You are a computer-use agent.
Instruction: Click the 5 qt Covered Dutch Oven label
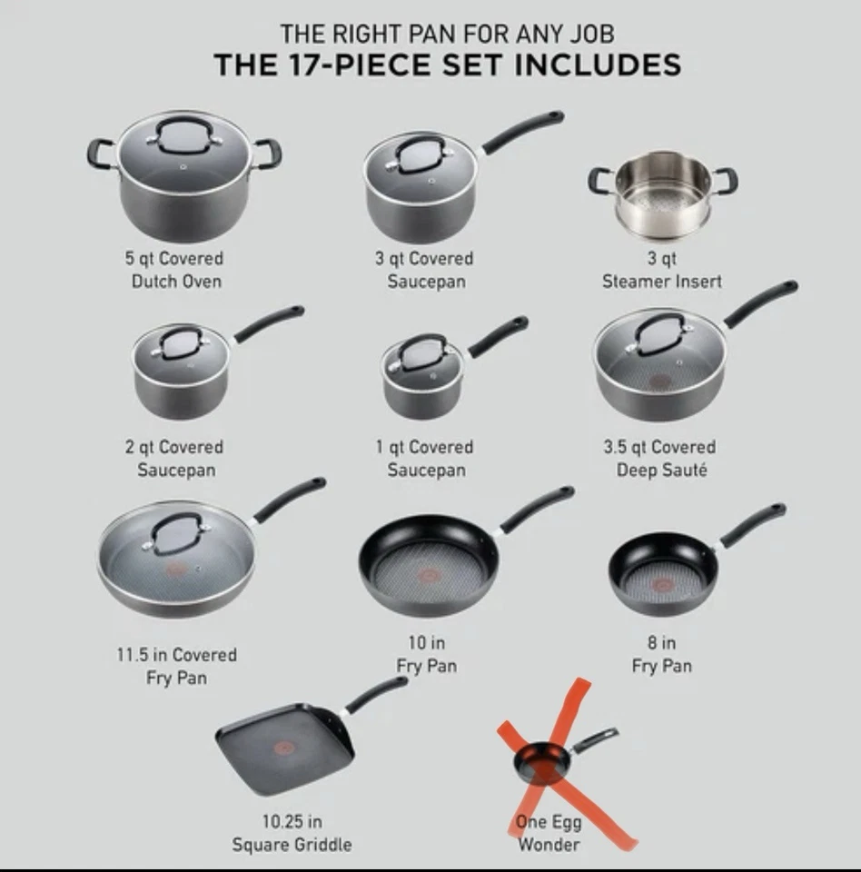[x=175, y=270]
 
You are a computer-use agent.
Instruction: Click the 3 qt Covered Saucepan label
[x=425, y=270]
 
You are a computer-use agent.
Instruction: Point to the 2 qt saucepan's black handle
[x=270, y=323]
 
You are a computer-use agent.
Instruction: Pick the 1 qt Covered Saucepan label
[x=425, y=459]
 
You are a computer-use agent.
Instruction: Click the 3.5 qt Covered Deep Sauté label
[x=660, y=459]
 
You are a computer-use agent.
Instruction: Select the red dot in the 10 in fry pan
[x=428, y=575]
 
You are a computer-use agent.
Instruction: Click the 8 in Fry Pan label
[x=662, y=654]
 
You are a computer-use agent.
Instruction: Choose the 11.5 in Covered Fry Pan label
[x=176, y=666]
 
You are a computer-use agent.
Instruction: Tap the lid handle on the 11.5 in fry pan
[x=177, y=530]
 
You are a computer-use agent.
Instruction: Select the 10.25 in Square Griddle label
[x=292, y=833]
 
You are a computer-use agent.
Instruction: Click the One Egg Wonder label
[x=549, y=833]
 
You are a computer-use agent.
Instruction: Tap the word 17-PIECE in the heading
[x=373, y=65]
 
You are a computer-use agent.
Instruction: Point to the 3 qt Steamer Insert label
[x=662, y=270]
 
